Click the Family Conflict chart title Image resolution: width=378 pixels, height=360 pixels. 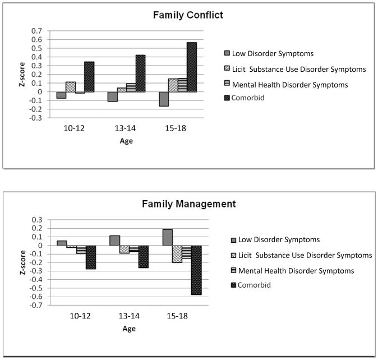(188, 15)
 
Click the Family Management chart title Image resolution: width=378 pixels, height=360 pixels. (188, 204)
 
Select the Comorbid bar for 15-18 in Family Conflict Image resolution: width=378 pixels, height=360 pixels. (192, 67)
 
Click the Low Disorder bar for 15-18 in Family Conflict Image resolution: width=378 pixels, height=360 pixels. (164, 99)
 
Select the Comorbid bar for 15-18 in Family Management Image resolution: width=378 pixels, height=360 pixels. (196, 270)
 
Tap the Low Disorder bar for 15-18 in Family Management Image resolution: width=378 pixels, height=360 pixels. (168, 237)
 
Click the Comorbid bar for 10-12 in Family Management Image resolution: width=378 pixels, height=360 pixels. (91, 257)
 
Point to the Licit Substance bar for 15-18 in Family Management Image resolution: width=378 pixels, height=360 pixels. (177, 254)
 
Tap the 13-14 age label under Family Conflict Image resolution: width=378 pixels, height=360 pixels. (127, 129)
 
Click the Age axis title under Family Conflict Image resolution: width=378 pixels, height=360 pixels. (127, 141)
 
